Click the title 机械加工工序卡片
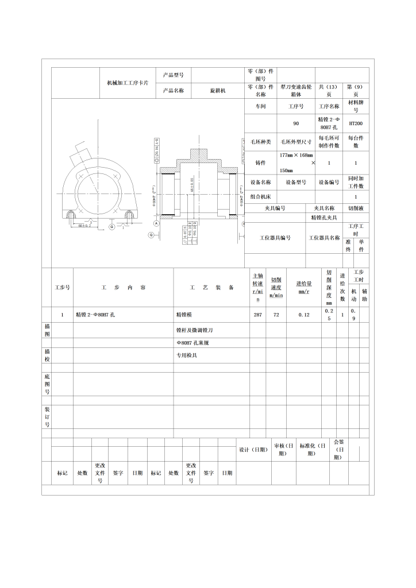coord(128,83)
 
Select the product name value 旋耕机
coord(217,91)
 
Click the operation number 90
coord(296,123)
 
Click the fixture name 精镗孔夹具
coord(324,218)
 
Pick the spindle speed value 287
coord(258,315)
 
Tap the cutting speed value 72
coord(276,315)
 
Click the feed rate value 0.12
coord(303,315)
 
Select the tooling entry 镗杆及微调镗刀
coord(195,331)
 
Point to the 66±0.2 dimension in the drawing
coord(85,225)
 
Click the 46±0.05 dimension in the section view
coord(191,185)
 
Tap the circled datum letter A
coord(156,222)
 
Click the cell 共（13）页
coord(329,91)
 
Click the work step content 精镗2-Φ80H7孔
coord(97,315)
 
